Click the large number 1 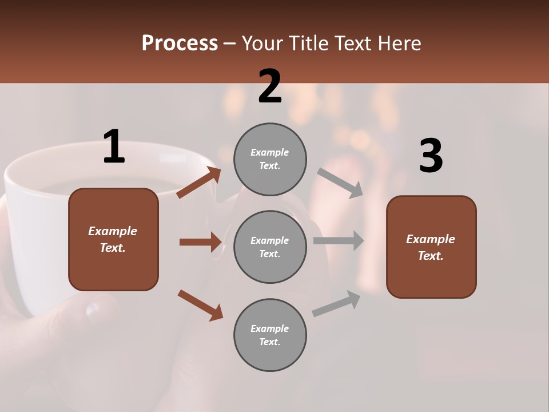(x=114, y=147)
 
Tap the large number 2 (x=270, y=87)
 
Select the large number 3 (x=431, y=156)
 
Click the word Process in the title (x=180, y=43)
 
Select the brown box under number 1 (x=113, y=239)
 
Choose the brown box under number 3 (x=431, y=247)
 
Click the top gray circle (x=270, y=159)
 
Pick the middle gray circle (x=270, y=247)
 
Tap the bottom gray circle (x=270, y=335)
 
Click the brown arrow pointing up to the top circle (x=198, y=183)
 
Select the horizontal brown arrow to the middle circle (x=200, y=242)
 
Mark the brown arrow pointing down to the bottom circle (x=200, y=304)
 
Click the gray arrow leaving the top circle (x=340, y=183)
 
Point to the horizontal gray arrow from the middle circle (x=339, y=241)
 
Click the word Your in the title (x=263, y=43)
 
